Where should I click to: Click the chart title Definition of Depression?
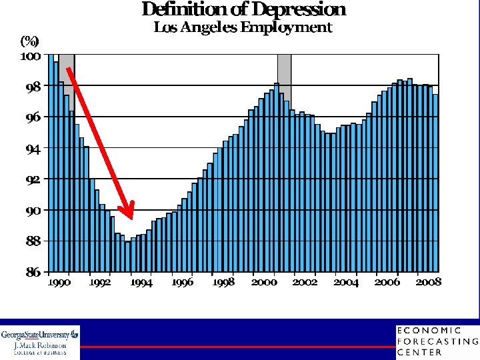pos(244,9)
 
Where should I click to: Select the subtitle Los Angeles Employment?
pos(243,27)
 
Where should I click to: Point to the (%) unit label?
pos(30,41)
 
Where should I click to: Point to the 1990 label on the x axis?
pos(59,283)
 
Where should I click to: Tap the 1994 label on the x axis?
pos(141,283)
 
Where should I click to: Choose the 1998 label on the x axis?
pos(223,283)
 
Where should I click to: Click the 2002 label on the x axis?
pos(305,283)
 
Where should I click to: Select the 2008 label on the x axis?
pos(428,282)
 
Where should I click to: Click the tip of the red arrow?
pos(132,219)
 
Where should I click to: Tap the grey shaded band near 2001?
pos(285,79)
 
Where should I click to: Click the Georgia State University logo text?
pos(39,335)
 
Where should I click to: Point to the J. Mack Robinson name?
pos(40,345)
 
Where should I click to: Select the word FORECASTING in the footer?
pos(438,341)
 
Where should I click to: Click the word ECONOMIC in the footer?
pos(429,330)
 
